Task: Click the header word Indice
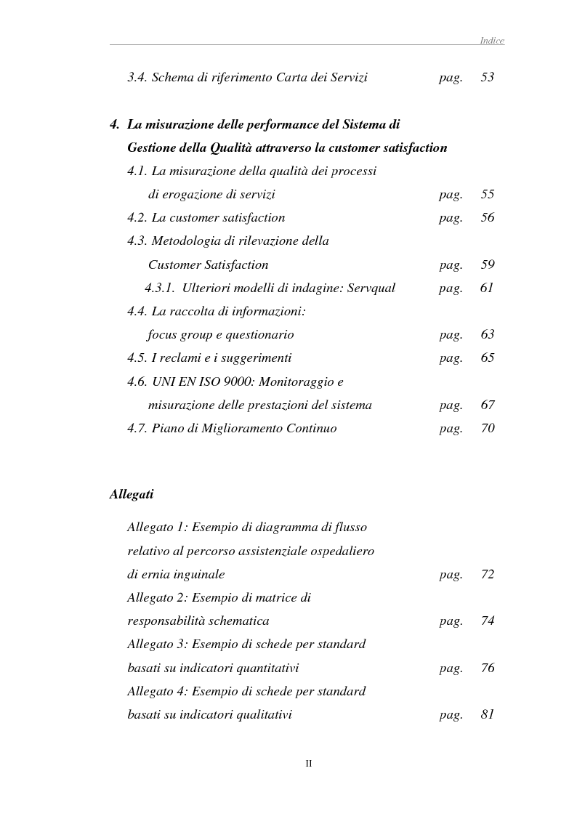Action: coord(492,41)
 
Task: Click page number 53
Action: coord(487,77)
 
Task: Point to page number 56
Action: coord(487,217)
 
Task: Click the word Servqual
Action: coord(366,288)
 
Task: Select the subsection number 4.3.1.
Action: coord(160,288)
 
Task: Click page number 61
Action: coord(487,288)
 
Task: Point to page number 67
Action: coord(487,405)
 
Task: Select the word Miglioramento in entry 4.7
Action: coord(233,429)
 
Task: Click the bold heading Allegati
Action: coord(132,494)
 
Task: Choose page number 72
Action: coord(487,574)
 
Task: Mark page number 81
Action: coord(487,714)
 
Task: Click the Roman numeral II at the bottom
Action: coord(308,763)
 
